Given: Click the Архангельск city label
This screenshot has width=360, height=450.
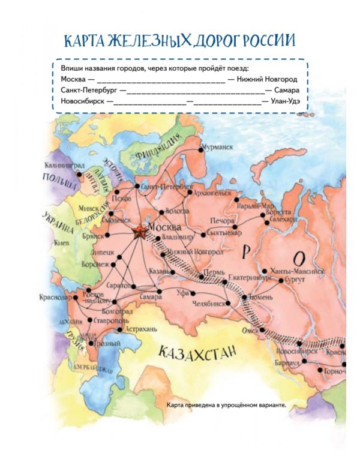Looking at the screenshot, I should [x=212, y=193].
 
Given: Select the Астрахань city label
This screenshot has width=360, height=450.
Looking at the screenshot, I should [x=142, y=329].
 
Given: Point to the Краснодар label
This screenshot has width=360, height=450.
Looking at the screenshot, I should [x=55, y=298].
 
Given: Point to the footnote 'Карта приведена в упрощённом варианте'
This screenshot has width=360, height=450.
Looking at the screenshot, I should [x=227, y=405].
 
